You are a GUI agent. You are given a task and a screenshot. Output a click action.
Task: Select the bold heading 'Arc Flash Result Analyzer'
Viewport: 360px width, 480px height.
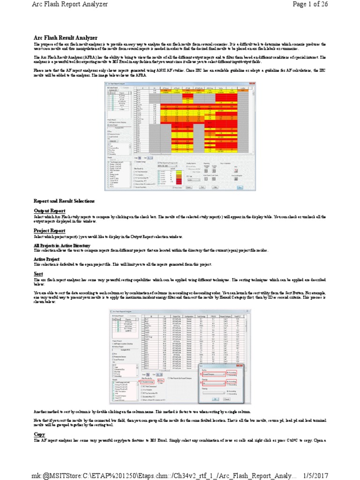[x=66, y=37]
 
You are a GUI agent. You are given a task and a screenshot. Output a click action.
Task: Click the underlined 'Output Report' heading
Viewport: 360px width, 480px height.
[x=50, y=211]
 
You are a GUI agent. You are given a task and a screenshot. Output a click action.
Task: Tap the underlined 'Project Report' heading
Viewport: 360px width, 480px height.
[x=50, y=231]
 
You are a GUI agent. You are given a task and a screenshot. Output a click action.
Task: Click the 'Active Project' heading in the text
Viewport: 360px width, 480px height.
[x=47, y=259]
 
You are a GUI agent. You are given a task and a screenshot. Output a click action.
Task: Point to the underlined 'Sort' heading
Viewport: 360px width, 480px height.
[x=38, y=273]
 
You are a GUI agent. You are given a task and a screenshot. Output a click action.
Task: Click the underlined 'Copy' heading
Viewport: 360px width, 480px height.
[x=39, y=435]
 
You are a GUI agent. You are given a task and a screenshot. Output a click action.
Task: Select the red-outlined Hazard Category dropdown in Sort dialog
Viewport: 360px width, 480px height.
[x=210, y=374]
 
